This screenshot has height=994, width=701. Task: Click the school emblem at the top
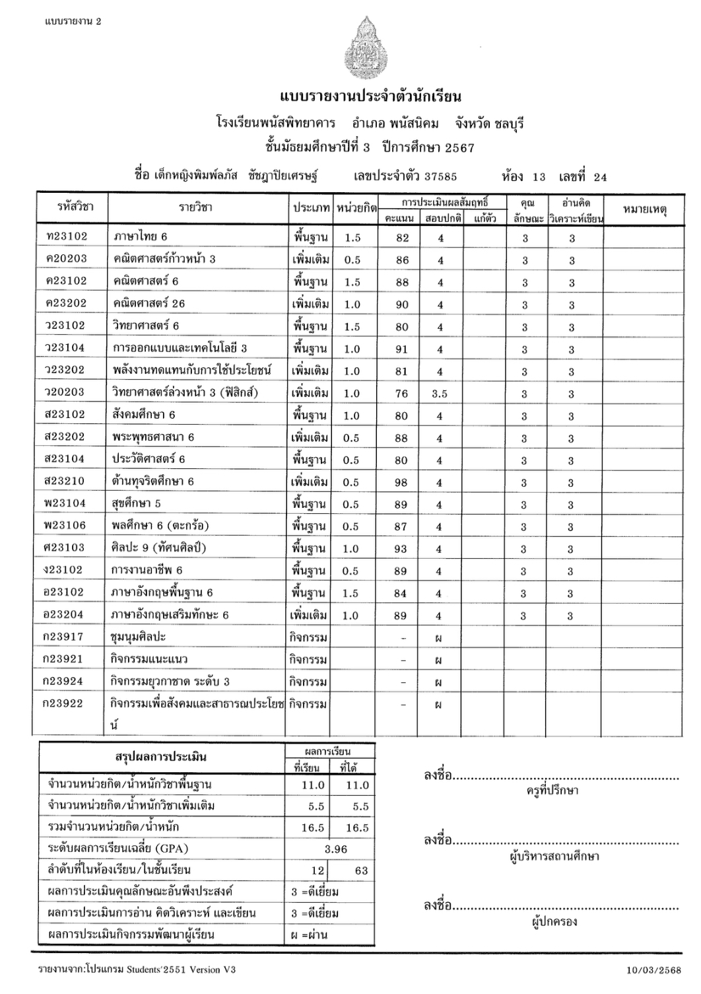pos(361,48)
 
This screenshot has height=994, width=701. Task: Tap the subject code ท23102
pos(67,236)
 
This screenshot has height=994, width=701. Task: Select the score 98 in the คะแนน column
pos(401,483)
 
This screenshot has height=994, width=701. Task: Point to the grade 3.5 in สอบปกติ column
pos(440,394)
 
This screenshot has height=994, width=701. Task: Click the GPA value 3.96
pos(335,849)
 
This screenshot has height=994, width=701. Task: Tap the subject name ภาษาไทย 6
pos(141,236)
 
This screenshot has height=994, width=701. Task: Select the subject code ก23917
pos(63,637)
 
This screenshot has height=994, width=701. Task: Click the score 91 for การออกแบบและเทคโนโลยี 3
pos(401,349)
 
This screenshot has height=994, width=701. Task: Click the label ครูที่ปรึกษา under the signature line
pos(552,791)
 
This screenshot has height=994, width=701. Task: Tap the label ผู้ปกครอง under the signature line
pos(554,921)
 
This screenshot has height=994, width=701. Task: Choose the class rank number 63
pos(361,870)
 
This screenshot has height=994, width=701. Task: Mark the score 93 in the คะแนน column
pos(401,550)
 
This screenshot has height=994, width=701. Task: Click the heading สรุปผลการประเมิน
pos(160,757)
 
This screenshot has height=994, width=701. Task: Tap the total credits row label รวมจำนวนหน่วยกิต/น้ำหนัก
pos(114,827)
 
